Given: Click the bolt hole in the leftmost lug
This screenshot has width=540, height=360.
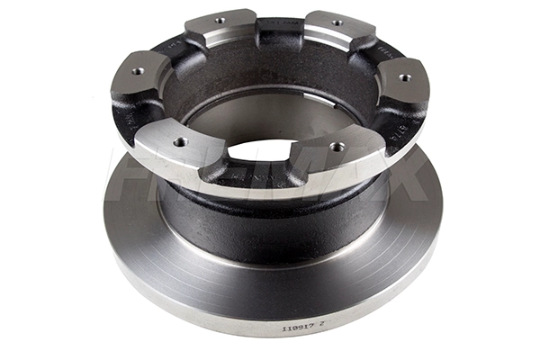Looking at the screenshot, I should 138,71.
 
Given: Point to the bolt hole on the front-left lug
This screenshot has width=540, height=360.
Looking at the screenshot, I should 180,141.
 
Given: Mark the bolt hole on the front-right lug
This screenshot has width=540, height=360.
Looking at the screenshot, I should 337,146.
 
